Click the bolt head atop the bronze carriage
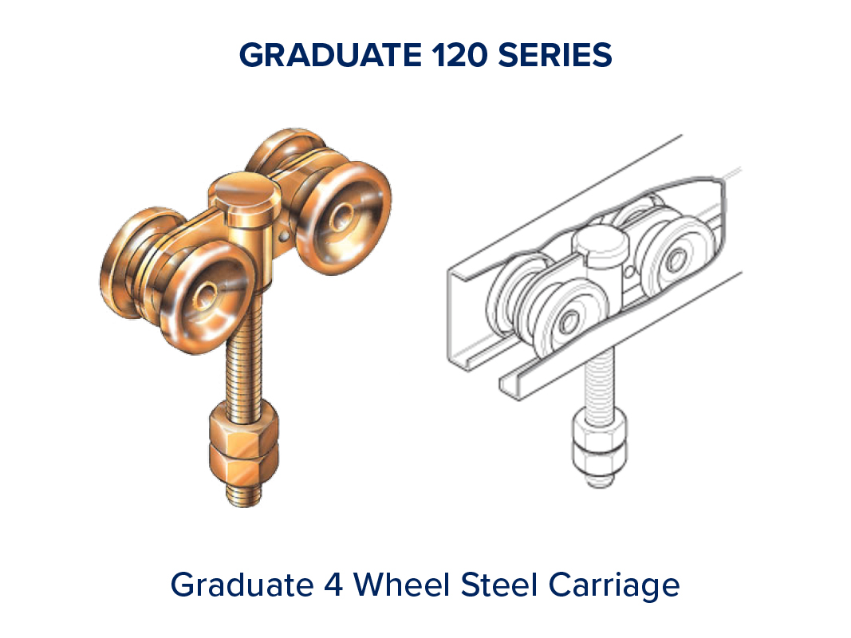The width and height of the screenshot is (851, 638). pos(245,194)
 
